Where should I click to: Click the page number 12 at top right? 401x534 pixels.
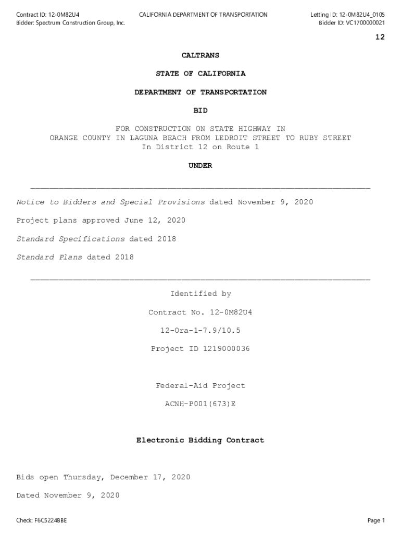point(380,37)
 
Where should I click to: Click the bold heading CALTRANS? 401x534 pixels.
point(200,55)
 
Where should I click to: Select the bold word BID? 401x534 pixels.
point(200,111)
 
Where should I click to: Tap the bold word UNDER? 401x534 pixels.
point(200,165)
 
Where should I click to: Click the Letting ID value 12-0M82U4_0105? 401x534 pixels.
point(355,15)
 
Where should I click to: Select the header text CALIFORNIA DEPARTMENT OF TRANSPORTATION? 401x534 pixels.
point(203,15)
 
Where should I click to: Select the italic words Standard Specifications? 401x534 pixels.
point(70,239)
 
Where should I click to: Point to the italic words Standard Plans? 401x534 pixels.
point(49,257)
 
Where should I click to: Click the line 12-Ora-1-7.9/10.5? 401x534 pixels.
point(200,331)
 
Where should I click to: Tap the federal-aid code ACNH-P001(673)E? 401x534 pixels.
point(200,404)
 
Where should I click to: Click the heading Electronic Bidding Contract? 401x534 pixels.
point(200,441)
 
